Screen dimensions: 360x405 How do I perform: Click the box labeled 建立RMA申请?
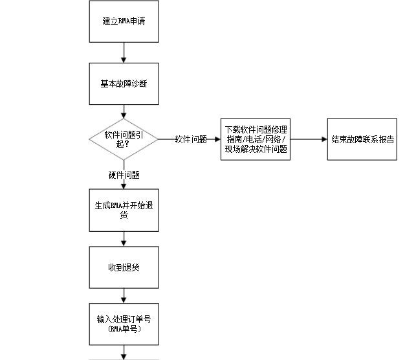(x=123, y=21)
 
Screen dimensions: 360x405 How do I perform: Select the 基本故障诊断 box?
(x=123, y=84)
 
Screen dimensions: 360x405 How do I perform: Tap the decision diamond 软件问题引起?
(x=123, y=139)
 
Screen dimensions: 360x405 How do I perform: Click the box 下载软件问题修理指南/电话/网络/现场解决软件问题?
(x=256, y=139)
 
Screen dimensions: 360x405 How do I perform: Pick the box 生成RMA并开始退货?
(x=123, y=210)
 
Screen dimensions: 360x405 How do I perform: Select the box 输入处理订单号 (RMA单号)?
(x=123, y=324)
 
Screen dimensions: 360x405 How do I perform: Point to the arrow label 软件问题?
(x=191, y=139)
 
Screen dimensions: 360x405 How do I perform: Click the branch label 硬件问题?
(x=124, y=175)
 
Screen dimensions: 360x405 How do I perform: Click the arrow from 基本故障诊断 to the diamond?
(x=123, y=110)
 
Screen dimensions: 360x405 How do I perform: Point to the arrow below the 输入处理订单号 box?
(x=123, y=352)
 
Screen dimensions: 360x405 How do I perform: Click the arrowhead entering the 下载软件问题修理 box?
(x=217, y=139)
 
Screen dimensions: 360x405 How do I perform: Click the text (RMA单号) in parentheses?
(x=123, y=329)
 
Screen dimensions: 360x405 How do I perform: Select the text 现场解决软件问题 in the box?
(x=256, y=148)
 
